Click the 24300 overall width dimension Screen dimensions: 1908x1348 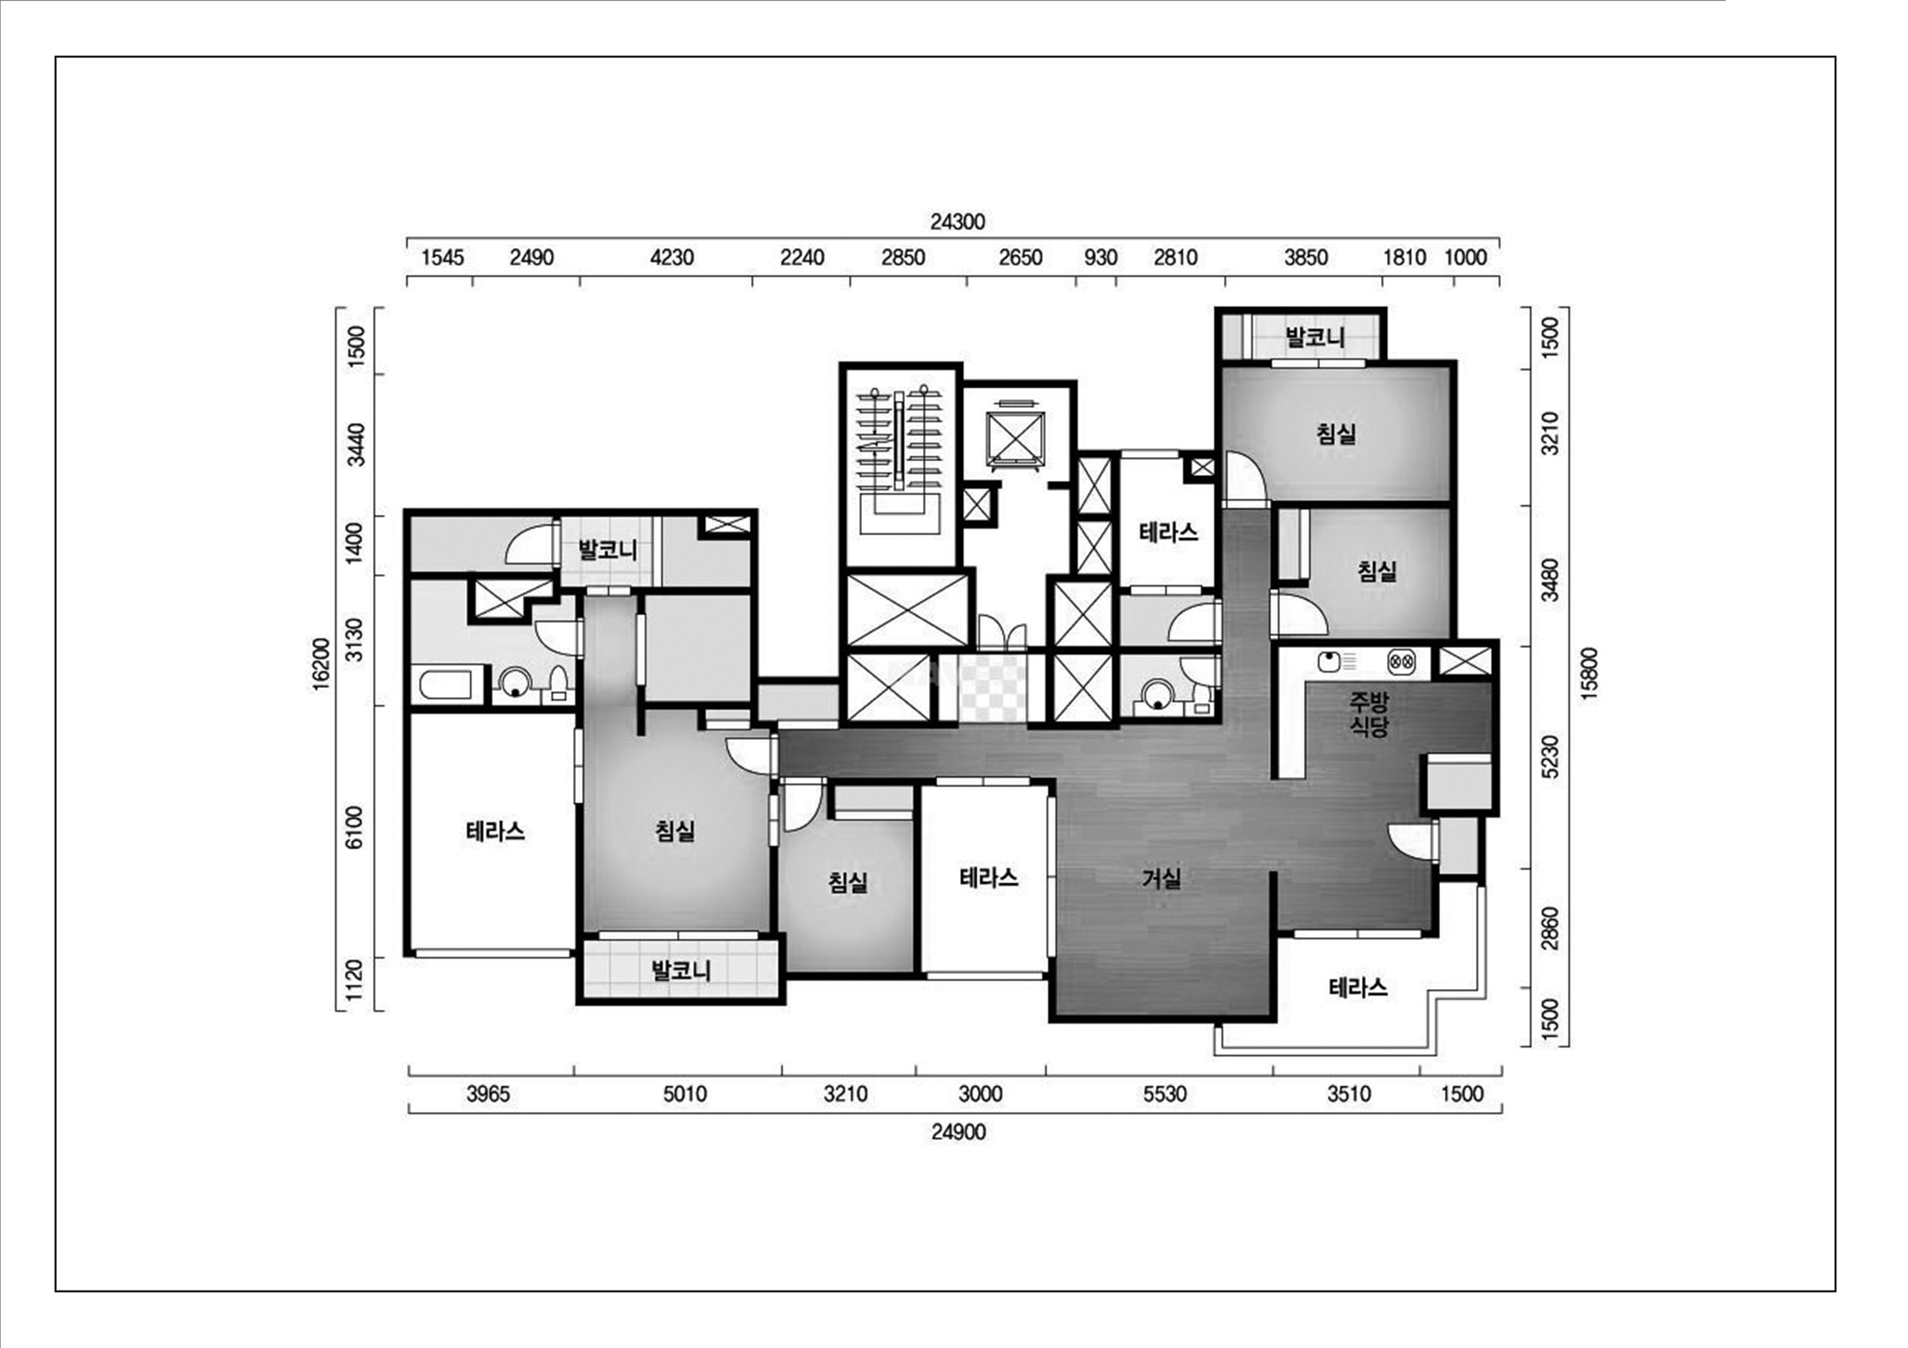[957, 222]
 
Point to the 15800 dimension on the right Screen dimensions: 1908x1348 [1590, 674]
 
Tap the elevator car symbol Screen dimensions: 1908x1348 [1013, 435]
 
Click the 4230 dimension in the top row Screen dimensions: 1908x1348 [672, 257]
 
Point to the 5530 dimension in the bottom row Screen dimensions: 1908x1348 [1164, 1094]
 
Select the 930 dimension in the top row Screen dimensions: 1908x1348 [1100, 257]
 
